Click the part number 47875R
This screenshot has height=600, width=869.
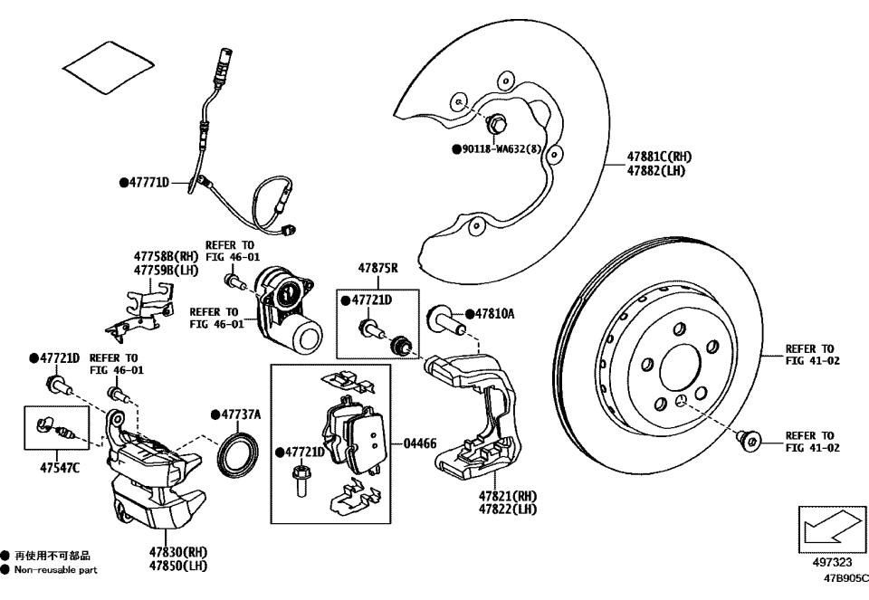pyautogui.click(x=378, y=269)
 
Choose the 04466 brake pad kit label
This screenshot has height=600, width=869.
pyautogui.click(x=420, y=443)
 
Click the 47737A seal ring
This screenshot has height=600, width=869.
pyautogui.click(x=240, y=450)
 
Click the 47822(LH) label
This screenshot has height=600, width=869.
pyautogui.click(x=508, y=510)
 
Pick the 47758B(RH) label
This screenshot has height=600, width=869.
pyautogui.click(x=166, y=257)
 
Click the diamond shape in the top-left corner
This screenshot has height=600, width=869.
pyautogui.click(x=107, y=67)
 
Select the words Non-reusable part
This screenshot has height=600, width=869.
pyautogui.click(x=56, y=570)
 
